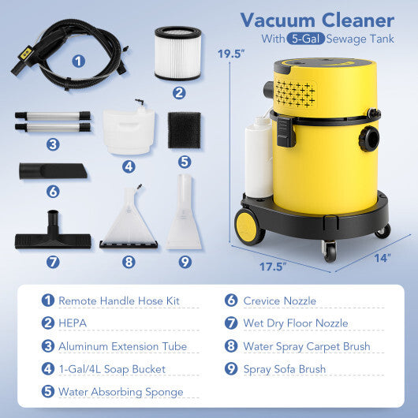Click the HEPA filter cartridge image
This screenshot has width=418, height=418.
[177, 53]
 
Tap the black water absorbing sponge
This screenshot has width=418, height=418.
[184, 129]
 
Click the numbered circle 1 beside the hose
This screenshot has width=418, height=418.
[78, 59]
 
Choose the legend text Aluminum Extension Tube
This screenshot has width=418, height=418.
[122, 345]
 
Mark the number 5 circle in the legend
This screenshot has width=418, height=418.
[48, 391]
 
